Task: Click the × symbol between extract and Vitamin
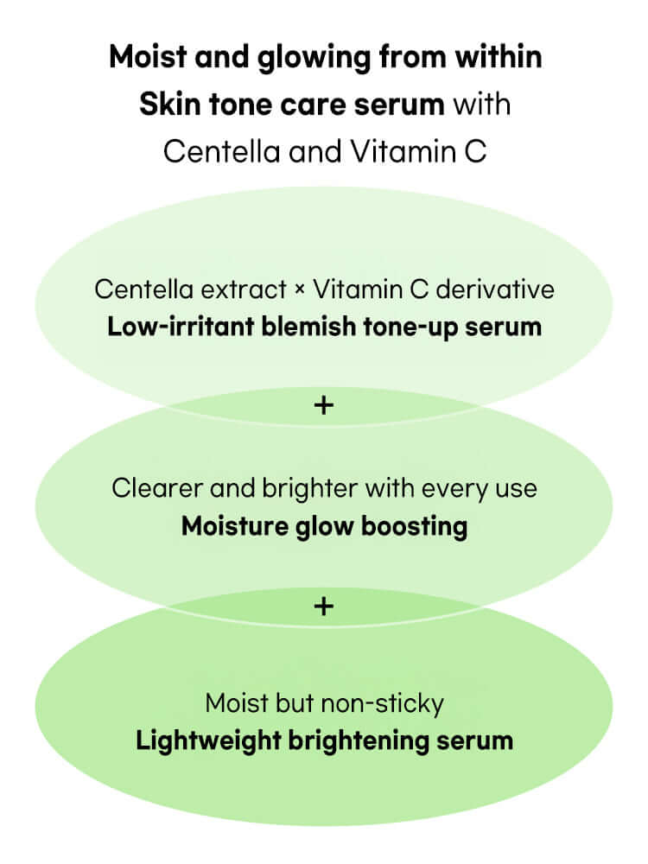tap(300, 289)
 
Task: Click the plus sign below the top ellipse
tap(323, 404)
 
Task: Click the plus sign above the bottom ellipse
tap(323, 607)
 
